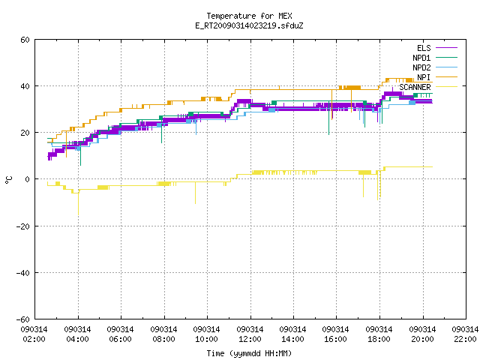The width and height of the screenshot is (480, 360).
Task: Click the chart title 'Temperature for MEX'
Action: point(249,16)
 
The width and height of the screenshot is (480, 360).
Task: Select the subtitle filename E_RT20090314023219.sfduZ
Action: point(249,25)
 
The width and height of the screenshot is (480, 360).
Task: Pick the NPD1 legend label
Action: point(421,58)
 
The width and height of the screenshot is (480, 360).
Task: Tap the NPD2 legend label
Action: point(421,67)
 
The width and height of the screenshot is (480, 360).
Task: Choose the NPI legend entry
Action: point(424,77)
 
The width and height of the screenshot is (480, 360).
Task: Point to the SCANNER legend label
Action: point(415,87)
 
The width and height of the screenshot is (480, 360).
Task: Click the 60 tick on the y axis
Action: point(25,40)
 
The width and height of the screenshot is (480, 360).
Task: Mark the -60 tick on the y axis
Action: point(23,319)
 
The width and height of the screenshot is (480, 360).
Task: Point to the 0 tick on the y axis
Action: point(28,179)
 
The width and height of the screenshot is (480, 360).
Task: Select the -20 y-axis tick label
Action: point(23,226)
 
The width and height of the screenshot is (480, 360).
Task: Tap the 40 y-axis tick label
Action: point(25,86)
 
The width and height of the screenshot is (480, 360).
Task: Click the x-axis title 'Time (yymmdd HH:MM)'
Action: point(249,353)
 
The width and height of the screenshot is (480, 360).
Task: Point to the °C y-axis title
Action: point(8,180)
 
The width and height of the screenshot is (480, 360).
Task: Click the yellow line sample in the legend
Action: point(447,87)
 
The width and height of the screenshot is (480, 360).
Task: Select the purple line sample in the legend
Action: point(447,48)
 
